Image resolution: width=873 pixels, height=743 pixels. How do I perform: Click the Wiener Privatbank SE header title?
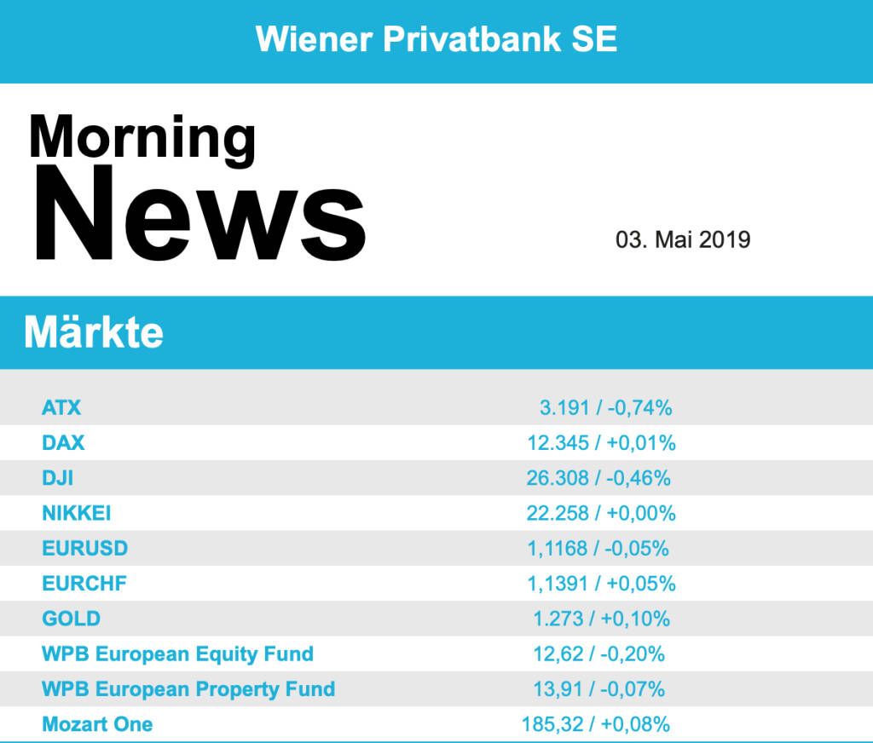436,39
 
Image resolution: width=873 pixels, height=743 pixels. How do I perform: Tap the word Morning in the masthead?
142,137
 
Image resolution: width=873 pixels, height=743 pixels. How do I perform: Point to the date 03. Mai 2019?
683,239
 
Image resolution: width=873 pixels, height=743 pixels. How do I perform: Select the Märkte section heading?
94,331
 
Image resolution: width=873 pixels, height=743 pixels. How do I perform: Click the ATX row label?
61,407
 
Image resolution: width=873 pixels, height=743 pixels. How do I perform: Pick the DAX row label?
63,443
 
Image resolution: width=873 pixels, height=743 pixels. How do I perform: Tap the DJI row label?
57,478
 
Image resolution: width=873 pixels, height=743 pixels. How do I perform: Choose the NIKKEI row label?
77,513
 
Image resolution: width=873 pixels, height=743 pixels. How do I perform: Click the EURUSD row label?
84,548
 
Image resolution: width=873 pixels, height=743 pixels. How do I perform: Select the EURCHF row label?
84,584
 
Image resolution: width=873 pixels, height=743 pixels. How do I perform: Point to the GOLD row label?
71,619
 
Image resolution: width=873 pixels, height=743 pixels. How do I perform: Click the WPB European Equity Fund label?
177,654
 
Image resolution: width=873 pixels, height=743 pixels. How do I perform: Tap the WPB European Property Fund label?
188,688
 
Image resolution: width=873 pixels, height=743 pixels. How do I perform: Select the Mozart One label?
97,724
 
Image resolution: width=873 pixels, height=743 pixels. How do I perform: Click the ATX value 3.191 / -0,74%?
605,407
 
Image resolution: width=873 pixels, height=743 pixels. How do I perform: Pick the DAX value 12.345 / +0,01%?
601,443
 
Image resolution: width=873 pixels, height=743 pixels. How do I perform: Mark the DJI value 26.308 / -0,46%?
598,478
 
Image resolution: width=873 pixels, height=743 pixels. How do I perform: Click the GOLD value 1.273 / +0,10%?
602,619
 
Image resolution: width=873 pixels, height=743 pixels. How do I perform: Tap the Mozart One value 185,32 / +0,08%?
596,724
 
